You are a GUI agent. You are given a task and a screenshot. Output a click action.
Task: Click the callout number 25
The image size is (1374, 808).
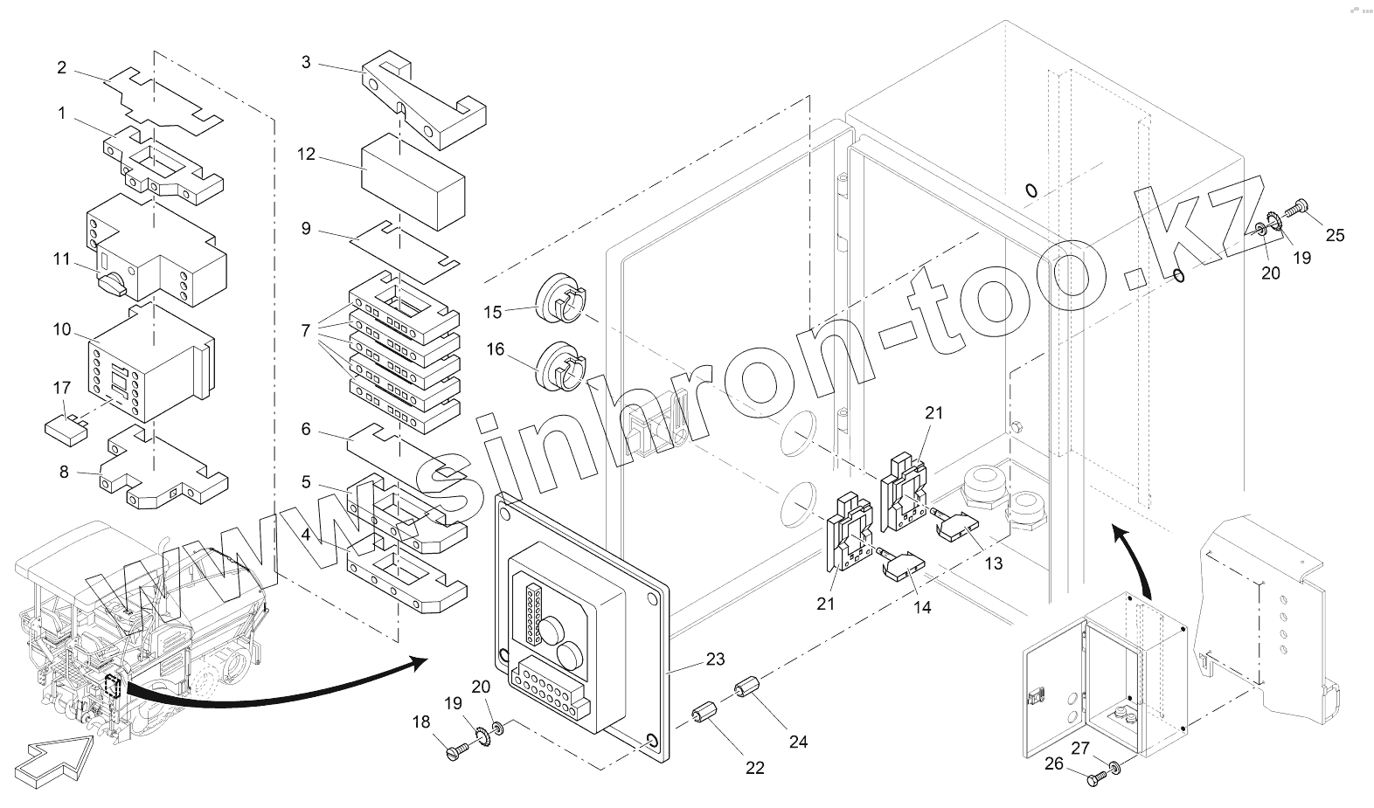pos(1335,234)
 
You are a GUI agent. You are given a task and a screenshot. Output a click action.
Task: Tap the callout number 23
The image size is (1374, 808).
pos(715,660)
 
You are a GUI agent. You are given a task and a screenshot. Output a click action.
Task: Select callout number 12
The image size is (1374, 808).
pos(306,155)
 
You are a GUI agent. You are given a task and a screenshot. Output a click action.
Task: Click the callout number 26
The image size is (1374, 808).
pos(1054,763)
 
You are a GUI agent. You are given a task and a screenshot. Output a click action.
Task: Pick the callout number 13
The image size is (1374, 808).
pos(994,563)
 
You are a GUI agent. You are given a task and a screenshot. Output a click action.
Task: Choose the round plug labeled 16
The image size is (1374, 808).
pos(559,367)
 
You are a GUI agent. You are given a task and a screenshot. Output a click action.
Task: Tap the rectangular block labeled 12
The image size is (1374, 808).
pos(413,183)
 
